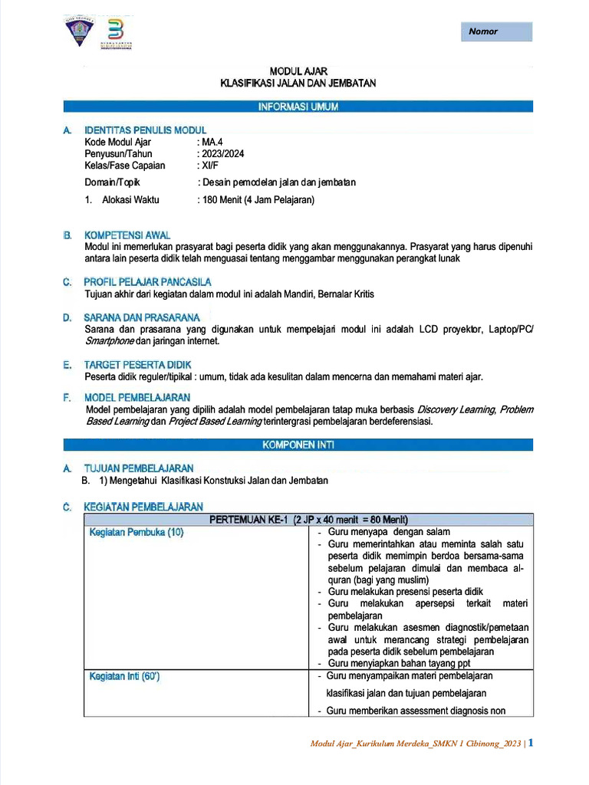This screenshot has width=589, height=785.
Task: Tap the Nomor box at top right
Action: (x=496, y=31)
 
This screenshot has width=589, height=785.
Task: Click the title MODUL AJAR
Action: (x=298, y=71)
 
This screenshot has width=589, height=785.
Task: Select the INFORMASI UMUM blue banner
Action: (x=298, y=107)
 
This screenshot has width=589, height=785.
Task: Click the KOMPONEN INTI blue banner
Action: (x=298, y=445)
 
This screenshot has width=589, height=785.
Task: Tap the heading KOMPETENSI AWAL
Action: (x=127, y=235)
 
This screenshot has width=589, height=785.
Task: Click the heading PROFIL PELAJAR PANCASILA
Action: (x=147, y=282)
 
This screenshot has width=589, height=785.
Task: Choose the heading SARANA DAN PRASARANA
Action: (x=142, y=317)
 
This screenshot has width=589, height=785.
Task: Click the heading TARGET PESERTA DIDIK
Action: (x=137, y=364)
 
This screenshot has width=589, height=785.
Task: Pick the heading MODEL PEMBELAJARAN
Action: (x=137, y=397)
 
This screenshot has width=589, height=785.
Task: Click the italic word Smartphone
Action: (x=109, y=341)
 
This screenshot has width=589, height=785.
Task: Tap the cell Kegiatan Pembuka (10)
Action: (x=137, y=532)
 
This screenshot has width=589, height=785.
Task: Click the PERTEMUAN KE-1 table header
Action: (x=308, y=519)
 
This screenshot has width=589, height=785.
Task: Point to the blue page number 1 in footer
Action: (x=530, y=743)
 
